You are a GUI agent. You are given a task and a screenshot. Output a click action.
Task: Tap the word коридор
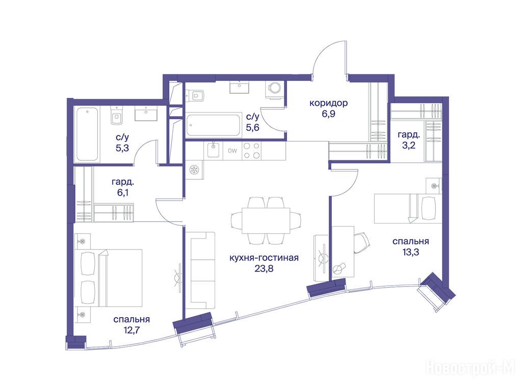pyautogui.click(x=328, y=103)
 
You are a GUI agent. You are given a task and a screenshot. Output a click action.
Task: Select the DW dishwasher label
pyautogui.click(x=232, y=151)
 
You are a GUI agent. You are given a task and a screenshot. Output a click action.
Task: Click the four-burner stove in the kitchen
pyautogui.click(x=251, y=151)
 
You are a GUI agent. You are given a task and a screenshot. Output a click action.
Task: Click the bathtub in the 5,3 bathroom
pyautogui.click(x=87, y=134)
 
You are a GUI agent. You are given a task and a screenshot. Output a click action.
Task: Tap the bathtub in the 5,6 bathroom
pyautogui.click(x=214, y=125)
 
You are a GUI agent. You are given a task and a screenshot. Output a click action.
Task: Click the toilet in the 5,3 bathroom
pyautogui.click(x=117, y=117)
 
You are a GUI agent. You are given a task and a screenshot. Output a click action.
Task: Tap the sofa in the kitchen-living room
pyautogui.click(x=200, y=271)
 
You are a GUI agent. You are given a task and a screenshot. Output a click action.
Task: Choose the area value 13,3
pyautogui.click(x=410, y=253)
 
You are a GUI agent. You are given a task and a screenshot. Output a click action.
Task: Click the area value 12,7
pyautogui.click(x=132, y=330)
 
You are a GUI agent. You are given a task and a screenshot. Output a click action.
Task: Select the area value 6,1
pyautogui.click(x=122, y=192)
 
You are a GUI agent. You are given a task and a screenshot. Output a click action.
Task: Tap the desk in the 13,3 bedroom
pyautogui.click(x=343, y=252)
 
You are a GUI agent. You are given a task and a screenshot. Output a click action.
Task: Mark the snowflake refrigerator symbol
pyautogui.click(x=193, y=170)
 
